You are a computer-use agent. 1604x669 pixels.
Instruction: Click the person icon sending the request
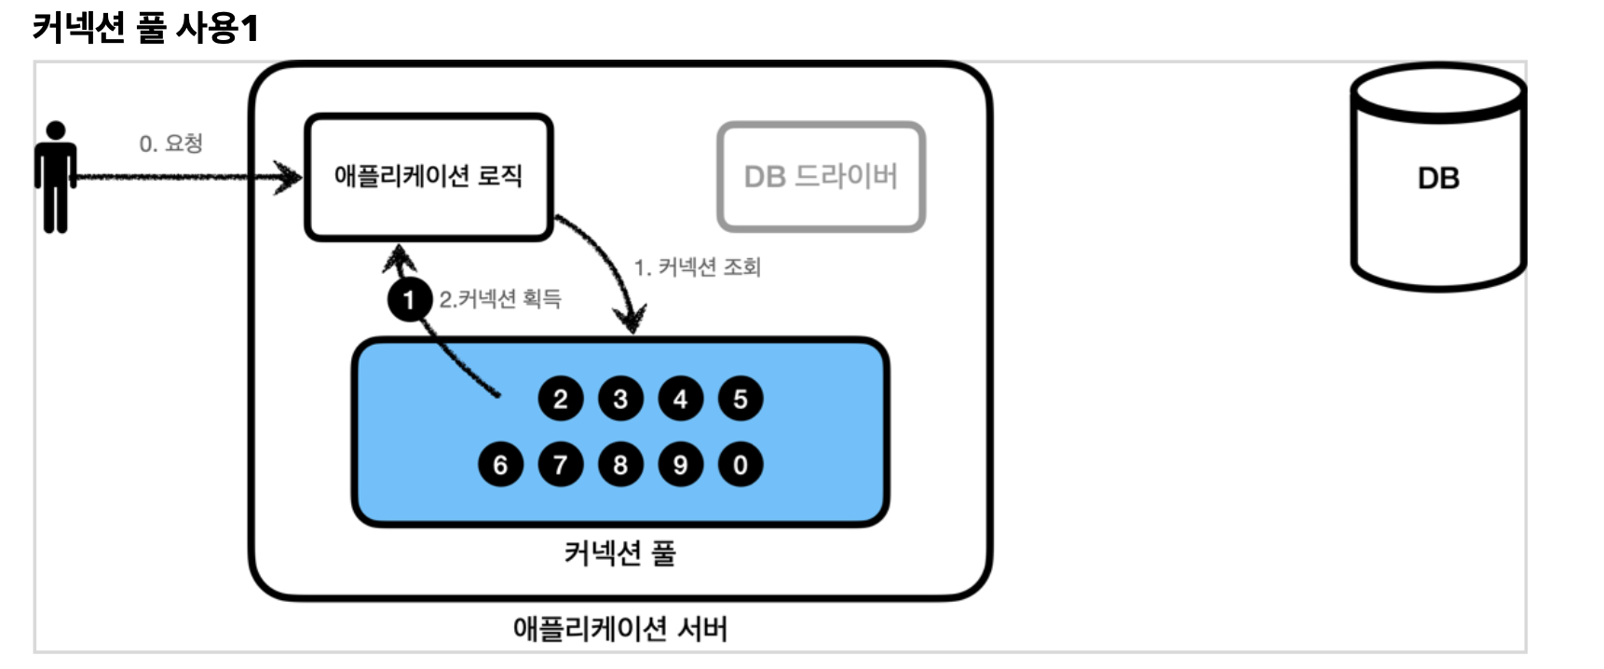pyautogui.click(x=55, y=177)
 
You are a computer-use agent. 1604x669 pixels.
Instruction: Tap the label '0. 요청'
pyautogui.click(x=171, y=143)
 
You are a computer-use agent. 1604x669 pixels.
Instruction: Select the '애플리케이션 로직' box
pyautogui.click(x=428, y=176)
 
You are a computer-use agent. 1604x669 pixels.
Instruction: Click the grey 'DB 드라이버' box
pyautogui.click(x=821, y=176)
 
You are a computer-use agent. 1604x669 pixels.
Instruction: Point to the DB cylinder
pyautogui.click(x=1437, y=179)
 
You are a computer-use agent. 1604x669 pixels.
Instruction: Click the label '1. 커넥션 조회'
pyautogui.click(x=698, y=267)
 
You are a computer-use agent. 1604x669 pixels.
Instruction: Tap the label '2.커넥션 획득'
pyautogui.click(x=500, y=299)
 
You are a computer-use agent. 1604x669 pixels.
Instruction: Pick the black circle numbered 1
pyautogui.click(x=408, y=300)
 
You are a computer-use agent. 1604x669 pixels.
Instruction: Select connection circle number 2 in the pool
pyautogui.click(x=560, y=400)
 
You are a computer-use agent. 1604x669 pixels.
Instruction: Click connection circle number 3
pyautogui.click(x=620, y=400)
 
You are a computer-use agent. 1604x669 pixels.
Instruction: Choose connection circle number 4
pyautogui.click(x=680, y=400)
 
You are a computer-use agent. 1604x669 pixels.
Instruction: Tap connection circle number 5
pyautogui.click(x=740, y=400)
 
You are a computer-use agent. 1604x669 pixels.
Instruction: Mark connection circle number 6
pyautogui.click(x=500, y=465)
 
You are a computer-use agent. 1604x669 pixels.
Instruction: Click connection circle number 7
pyautogui.click(x=560, y=465)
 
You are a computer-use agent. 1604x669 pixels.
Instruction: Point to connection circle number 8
pyautogui.click(x=620, y=465)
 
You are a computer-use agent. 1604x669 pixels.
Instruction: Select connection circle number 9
pyautogui.click(x=680, y=465)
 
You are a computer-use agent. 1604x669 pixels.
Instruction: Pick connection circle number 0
pyautogui.click(x=740, y=465)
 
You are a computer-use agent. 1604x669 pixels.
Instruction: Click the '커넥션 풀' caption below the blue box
pyautogui.click(x=619, y=553)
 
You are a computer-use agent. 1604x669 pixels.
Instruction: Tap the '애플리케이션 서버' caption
pyautogui.click(x=619, y=629)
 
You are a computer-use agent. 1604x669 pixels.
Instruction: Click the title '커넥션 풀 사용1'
pyautogui.click(x=145, y=28)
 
